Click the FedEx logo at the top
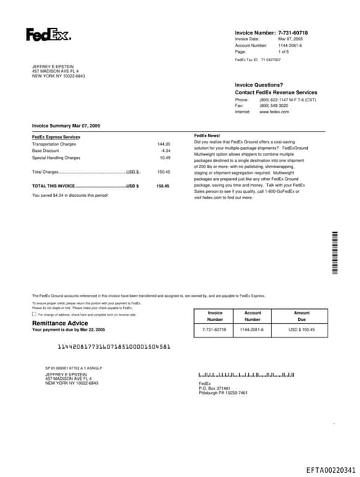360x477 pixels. click(48, 34)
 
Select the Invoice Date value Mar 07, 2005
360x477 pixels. click(290, 39)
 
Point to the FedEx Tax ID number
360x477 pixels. click(271, 60)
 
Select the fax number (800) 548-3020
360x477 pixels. click(274, 106)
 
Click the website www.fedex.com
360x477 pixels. click(274, 112)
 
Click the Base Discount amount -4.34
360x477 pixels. click(165, 151)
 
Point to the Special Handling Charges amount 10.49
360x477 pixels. click(165, 158)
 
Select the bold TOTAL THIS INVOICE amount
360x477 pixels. click(163, 186)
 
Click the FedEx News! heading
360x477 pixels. click(207, 135)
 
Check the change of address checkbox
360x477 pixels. click(34, 314)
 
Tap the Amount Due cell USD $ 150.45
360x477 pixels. click(302, 329)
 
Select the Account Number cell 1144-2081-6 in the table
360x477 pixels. click(252, 329)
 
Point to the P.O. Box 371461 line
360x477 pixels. click(214, 388)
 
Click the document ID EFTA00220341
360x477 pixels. click(330, 470)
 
